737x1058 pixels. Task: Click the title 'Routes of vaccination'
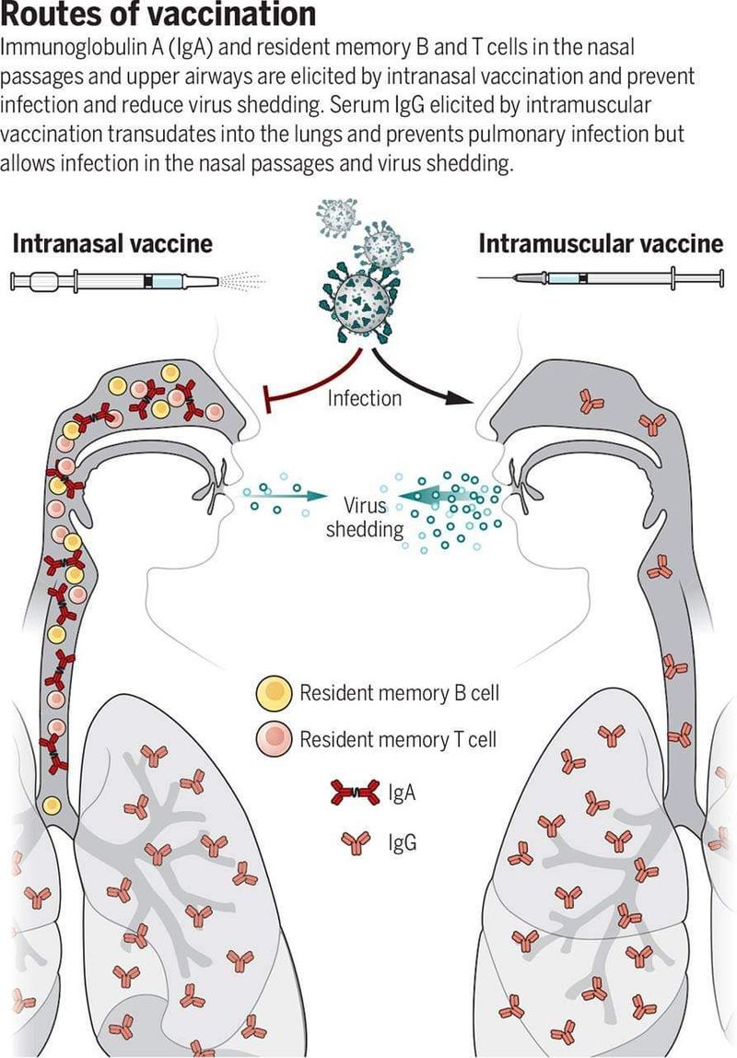(158, 15)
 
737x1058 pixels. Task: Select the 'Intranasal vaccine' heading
(112, 243)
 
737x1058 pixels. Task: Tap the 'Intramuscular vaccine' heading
(601, 243)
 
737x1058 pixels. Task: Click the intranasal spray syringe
(115, 279)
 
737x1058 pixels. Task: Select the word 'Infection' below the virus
(365, 398)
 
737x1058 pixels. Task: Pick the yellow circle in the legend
(274, 693)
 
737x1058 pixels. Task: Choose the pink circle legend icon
(274, 738)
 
